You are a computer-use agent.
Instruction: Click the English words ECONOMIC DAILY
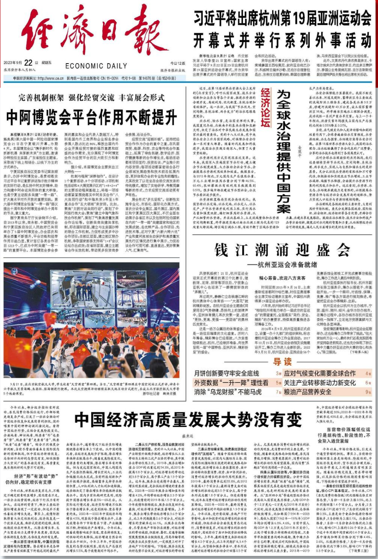tap(96, 66)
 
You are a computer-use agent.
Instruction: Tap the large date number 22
tap(28, 63)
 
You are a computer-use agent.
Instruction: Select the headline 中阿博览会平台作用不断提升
tap(92, 117)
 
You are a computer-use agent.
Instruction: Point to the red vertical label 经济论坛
tap(266, 108)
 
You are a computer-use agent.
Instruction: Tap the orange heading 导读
tap(283, 362)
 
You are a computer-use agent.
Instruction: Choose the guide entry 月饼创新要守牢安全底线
tap(227, 373)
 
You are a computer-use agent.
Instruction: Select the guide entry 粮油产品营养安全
tap(308, 392)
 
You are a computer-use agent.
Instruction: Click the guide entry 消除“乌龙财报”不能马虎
tap(227, 392)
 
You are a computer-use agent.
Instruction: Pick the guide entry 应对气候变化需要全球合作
tap(320, 373)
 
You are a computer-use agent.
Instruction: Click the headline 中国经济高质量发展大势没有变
tap(188, 420)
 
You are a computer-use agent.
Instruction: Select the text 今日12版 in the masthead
tap(177, 63)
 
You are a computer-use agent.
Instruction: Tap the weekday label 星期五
tap(46, 63)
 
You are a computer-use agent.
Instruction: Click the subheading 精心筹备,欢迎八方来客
tap(282, 278)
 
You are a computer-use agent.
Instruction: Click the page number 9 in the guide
tap(367, 392)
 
